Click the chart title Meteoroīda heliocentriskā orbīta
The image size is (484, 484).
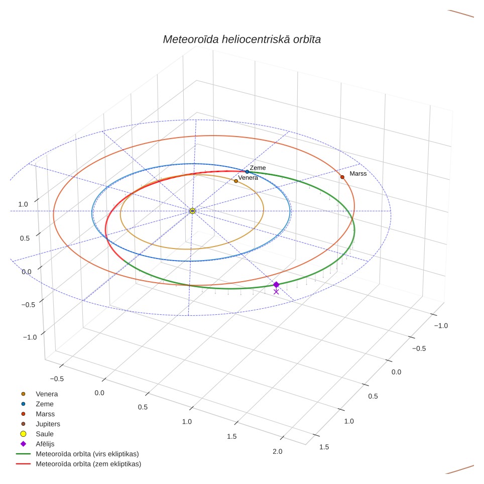pyautogui.click(x=242, y=40)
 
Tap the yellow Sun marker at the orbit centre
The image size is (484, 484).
pyautogui.click(x=192, y=211)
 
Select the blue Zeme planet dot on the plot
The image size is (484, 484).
pyautogui.click(x=247, y=172)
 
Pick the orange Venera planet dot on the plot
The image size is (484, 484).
pyautogui.click(x=236, y=181)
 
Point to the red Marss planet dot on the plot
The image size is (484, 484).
pyautogui.click(x=342, y=177)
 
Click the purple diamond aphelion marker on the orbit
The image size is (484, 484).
pyautogui.click(x=276, y=285)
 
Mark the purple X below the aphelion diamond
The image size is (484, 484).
pyautogui.click(x=276, y=292)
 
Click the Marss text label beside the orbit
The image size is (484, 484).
pyautogui.click(x=358, y=174)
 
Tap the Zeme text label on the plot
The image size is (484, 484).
pyautogui.click(x=258, y=168)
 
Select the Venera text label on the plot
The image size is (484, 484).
pyautogui.click(x=248, y=178)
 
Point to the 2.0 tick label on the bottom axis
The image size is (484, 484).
pyautogui.click(x=278, y=451)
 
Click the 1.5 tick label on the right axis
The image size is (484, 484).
pyautogui.click(x=324, y=447)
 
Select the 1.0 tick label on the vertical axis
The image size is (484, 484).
pyautogui.click(x=23, y=204)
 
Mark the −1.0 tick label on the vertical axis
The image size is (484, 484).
pyautogui.click(x=30, y=337)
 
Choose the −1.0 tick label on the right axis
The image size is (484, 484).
pyautogui.click(x=441, y=326)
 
